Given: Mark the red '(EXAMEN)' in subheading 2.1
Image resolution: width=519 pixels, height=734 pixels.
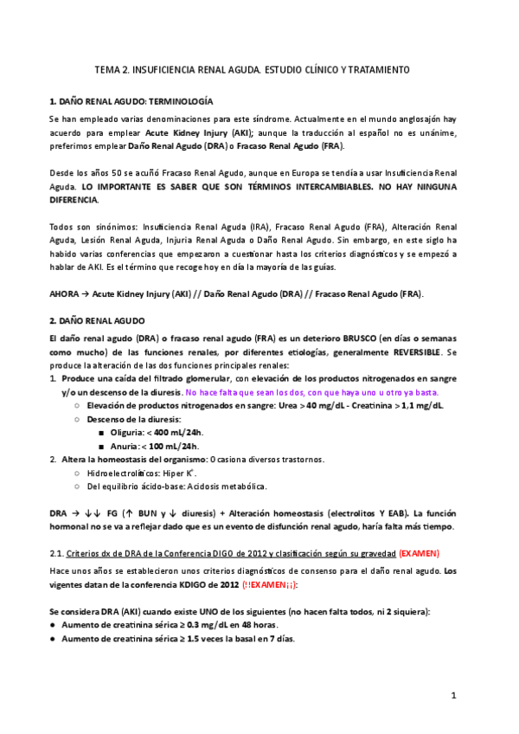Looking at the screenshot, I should pos(420,552).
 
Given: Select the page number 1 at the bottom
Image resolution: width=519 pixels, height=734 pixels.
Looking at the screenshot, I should pos(453,695).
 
